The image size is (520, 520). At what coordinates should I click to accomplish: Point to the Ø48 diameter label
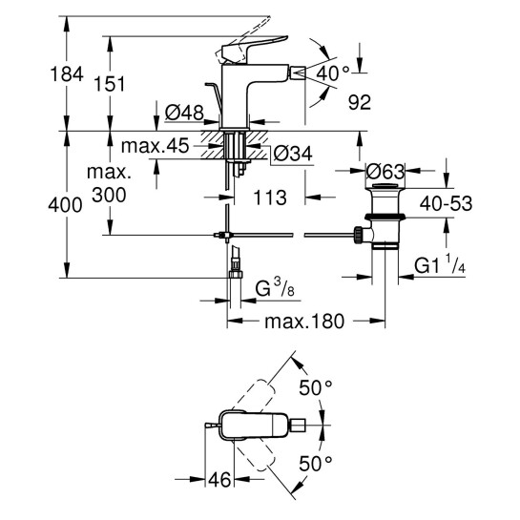[x=184, y=114]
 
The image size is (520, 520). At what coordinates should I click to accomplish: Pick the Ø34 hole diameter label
[x=292, y=153]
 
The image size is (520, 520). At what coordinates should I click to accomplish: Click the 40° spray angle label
[x=331, y=73]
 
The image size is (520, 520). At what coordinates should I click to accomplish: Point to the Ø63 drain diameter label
[x=388, y=173]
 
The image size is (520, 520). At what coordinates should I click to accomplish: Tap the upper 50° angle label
[x=317, y=388]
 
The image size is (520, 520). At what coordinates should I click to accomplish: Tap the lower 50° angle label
[x=316, y=464]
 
